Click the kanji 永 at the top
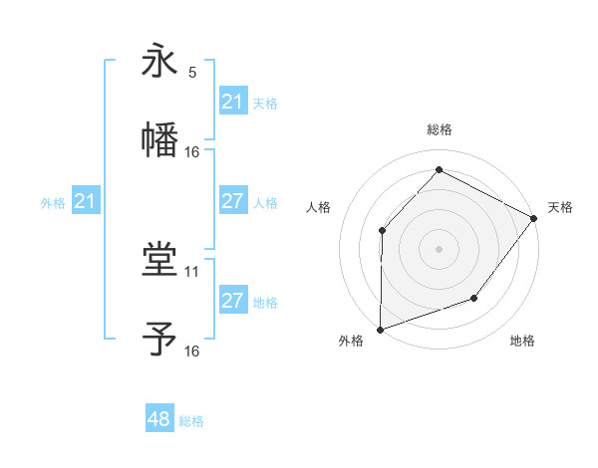(159, 62)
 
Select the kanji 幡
(159, 140)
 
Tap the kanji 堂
(159, 261)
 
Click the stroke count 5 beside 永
(192, 72)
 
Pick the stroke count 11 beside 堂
(192, 271)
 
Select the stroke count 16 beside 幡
(192, 151)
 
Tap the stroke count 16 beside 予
(192, 351)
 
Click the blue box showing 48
(159, 420)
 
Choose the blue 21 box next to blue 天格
(232, 102)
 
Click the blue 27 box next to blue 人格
(232, 201)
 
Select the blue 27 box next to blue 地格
(232, 301)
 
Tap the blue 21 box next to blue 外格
(85, 202)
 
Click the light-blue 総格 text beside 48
(191, 421)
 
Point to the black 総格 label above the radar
(439, 129)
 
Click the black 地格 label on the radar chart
(522, 342)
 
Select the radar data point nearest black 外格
(380, 329)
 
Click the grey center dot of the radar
(439, 248)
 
